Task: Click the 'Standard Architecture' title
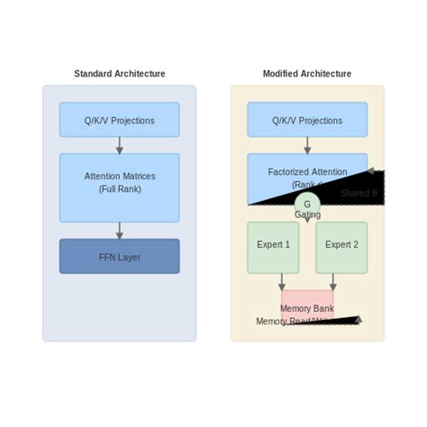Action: tap(119, 74)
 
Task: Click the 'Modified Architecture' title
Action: tap(307, 74)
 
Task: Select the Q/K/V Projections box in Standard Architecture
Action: tap(119, 120)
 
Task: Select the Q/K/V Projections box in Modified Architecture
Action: tap(307, 120)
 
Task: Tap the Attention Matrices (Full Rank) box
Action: tap(119, 187)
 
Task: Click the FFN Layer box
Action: tap(119, 257)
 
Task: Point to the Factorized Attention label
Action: tap(307, 172)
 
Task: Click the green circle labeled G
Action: tap(307, 204)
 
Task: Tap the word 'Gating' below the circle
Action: tap(307, 215)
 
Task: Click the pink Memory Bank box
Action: tap(307, 304)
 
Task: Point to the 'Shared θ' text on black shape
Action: tap(359, 194)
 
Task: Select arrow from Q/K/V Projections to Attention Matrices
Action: tap(119, 145)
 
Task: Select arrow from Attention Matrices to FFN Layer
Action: tap(119, 231)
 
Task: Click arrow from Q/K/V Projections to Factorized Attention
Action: tap(307, 145)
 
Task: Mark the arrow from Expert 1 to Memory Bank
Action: tap(282, 281)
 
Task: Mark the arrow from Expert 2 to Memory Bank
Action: tap(333, 281)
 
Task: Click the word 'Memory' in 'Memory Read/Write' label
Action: tap(271, 322)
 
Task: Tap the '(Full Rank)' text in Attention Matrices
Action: tap(119, 190)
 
